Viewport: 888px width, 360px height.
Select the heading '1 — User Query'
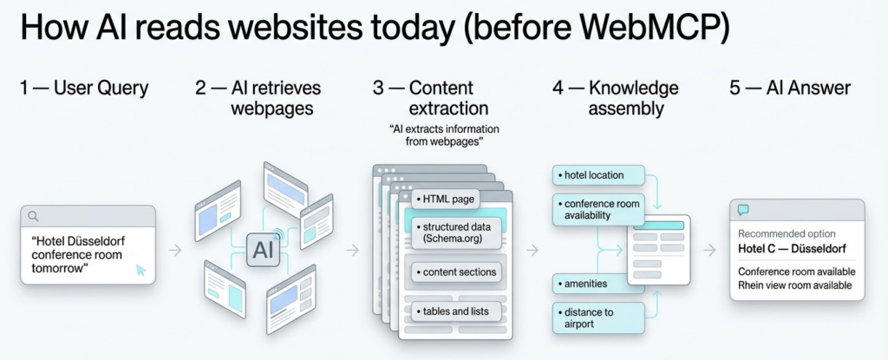[x=83, y=88]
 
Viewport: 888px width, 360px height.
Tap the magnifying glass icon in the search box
[x=34, y=216]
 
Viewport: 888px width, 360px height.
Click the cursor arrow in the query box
[x=140, y=271]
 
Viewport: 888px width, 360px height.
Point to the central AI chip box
[x=261, y=251]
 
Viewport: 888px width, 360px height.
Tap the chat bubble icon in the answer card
[x=743, y=210]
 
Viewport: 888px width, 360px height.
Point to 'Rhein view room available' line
[x=795, y=285]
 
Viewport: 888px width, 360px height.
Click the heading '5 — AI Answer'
[x=789, y=88]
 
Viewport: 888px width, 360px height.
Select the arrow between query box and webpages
[x=174, y=250]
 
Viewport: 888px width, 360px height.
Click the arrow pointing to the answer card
[x=709, y=250]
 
